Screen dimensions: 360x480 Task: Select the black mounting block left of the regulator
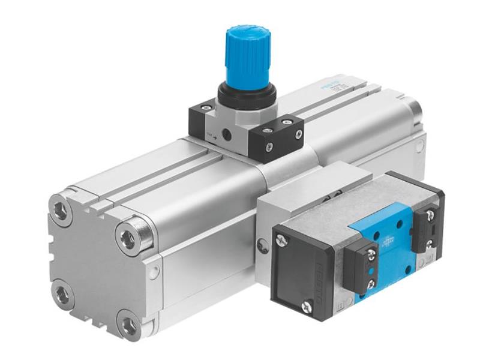[202, 119]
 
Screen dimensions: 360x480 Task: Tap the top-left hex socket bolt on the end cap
[62, 210]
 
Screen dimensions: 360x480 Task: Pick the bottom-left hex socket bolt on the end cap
[61, 294]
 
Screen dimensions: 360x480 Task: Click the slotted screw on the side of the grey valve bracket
[261, 245]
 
